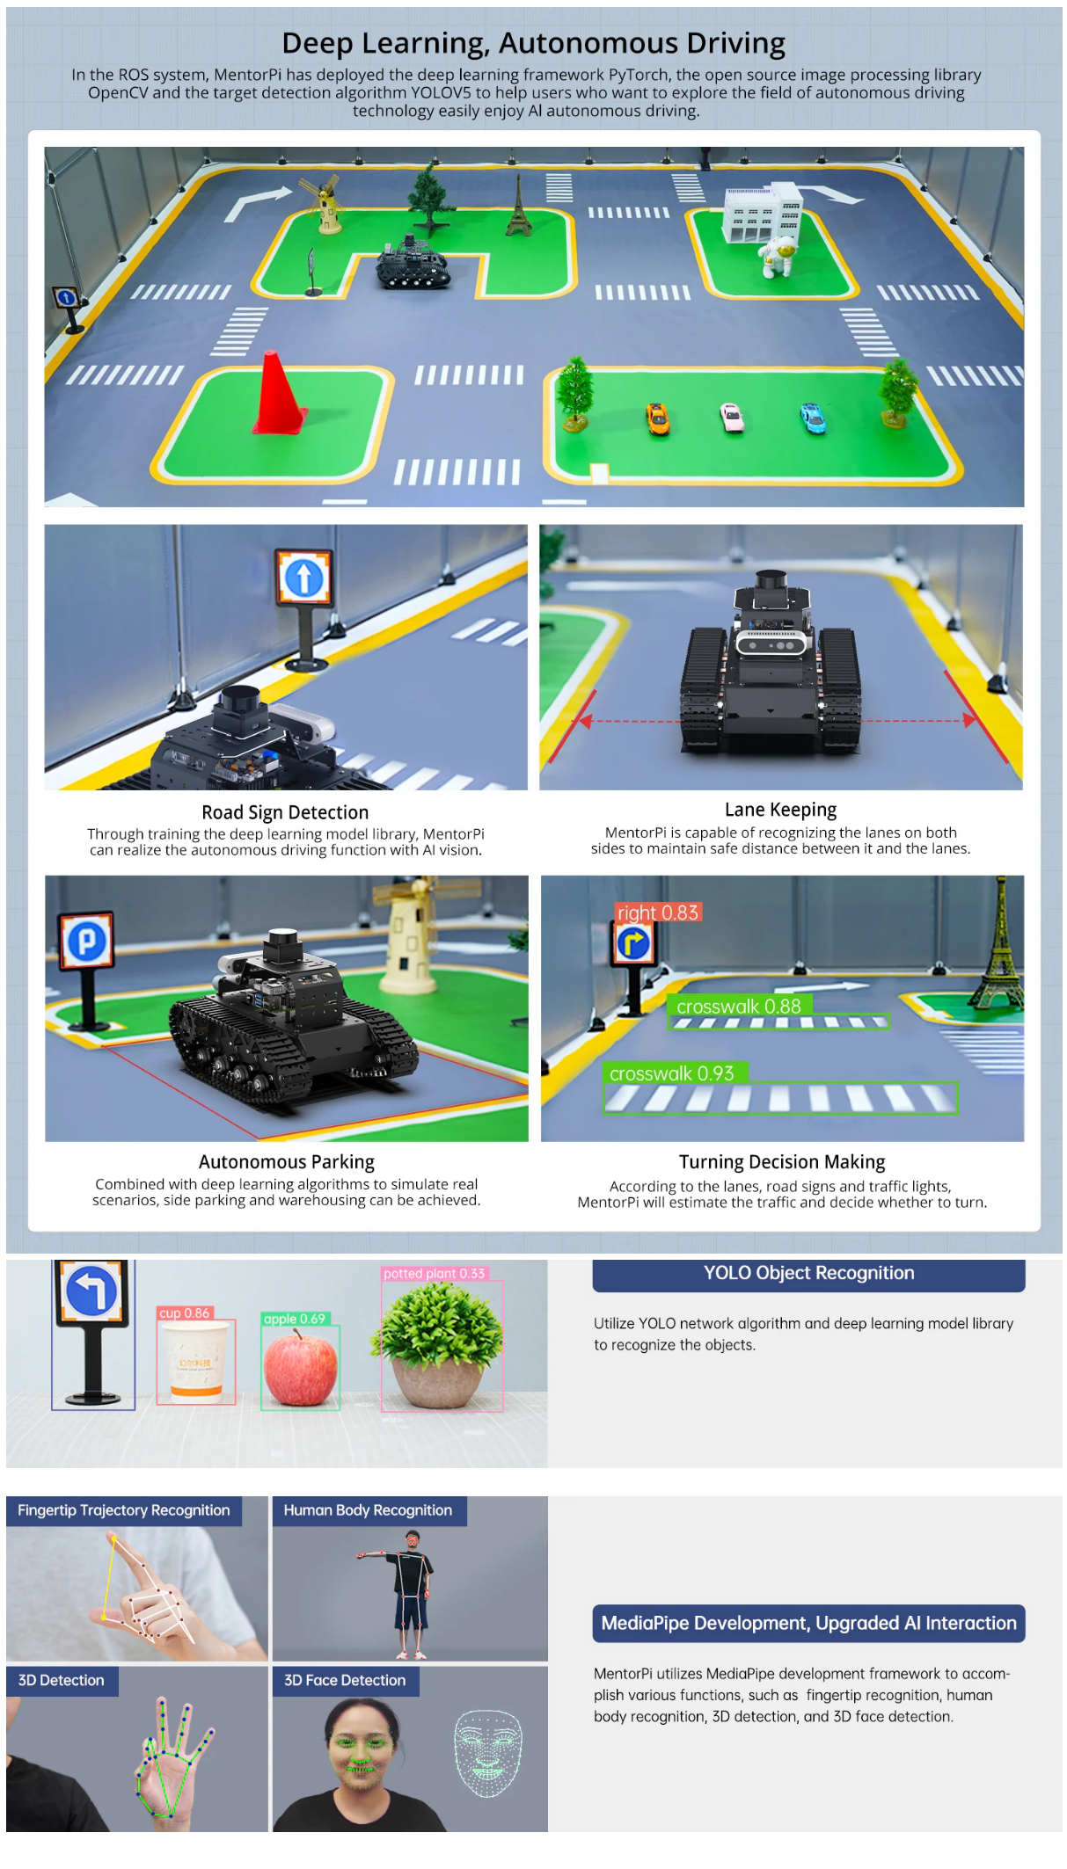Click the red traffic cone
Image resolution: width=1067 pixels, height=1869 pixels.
click(279, 394)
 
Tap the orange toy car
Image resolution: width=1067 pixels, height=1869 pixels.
click(657, 418)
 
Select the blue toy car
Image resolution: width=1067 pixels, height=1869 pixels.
click(813, 418)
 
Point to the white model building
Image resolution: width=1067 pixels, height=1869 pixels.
click(762, 212)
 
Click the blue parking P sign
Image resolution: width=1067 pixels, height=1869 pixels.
click(86, 941)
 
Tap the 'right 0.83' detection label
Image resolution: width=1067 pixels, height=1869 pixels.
click(658, 913)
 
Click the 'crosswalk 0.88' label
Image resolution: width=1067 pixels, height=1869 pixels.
click(739, 1006)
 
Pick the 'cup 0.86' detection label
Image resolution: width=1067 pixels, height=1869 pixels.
click(185, 1313)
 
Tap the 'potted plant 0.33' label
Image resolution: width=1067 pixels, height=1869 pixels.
click(434, 1273)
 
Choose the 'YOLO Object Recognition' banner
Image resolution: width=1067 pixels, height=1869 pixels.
click(808, 1274)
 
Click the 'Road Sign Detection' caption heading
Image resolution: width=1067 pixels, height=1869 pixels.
click(285, 812)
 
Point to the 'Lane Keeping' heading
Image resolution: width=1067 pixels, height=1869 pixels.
click(780, 810)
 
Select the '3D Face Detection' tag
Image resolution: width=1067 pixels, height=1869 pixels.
click(345, 1680)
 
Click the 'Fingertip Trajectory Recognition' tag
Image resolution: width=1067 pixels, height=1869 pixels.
click(124, 1510)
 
